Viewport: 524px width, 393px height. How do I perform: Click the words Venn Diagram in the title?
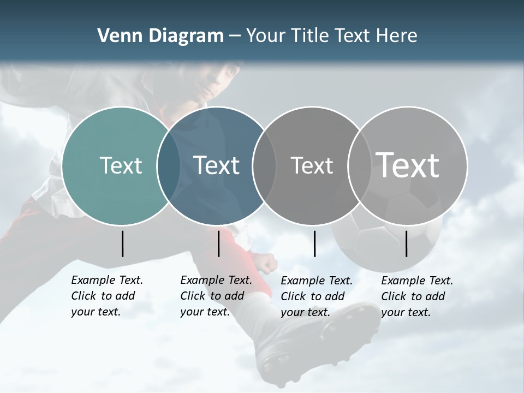pos(160,36)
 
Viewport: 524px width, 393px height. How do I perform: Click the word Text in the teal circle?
pos(121,165)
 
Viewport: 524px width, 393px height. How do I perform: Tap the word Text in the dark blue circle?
pos(217,165)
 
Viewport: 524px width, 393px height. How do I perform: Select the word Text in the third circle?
pos(312,165)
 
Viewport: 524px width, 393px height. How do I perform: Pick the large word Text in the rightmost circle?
pos(408,165)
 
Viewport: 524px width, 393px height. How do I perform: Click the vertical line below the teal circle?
pos(123,243)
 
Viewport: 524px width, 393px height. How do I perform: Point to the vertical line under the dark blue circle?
pos(218,243)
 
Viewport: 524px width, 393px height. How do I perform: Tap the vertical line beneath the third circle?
pos(315,243)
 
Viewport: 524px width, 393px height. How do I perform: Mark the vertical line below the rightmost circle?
pos(407,243)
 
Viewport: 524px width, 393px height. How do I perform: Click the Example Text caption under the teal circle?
pos(106,296)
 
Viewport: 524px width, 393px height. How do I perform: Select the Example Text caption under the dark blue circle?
pos(216,296)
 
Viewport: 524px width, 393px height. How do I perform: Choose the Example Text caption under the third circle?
pos(316,296)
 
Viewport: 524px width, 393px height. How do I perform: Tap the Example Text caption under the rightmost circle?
pos(416,296)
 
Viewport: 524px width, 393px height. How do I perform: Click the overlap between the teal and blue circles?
pos(169,166)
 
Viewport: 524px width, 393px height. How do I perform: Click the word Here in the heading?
pos(397,36)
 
